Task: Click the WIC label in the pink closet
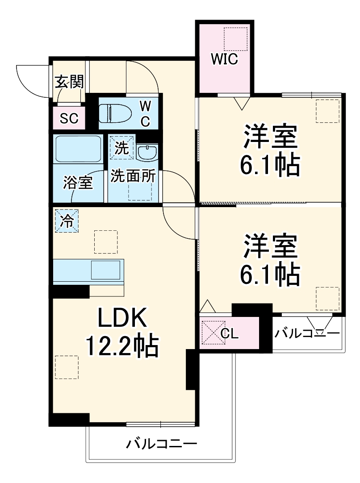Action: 224,59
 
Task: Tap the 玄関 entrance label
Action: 69,82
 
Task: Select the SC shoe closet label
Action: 69,118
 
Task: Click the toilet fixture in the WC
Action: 114,113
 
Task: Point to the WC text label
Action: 145,113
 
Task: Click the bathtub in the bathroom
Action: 78,149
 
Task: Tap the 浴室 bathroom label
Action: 78,183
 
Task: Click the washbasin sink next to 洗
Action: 147,152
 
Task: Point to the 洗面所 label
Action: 133,176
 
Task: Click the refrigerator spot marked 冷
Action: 67,221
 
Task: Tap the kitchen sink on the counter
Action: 106,271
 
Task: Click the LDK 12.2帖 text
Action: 122,333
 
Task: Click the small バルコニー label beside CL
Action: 307,333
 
